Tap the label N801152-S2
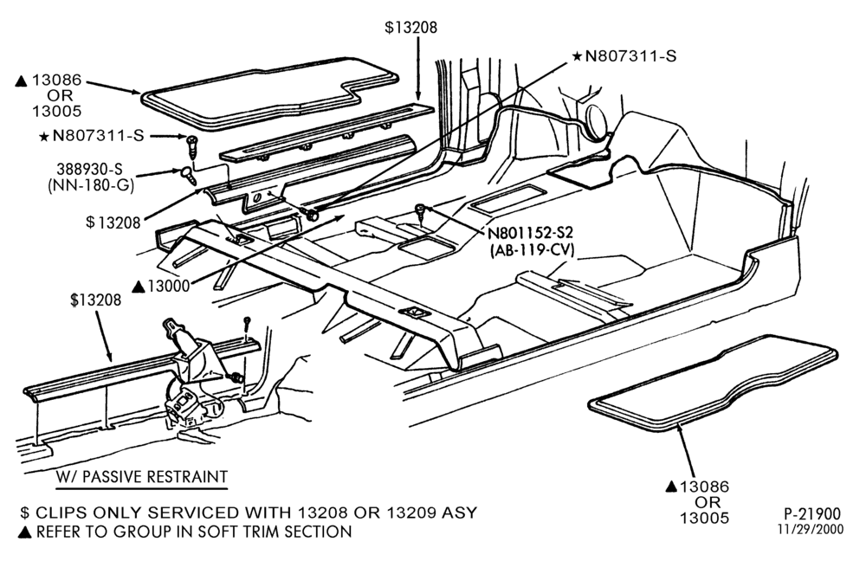531,233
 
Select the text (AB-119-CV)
532,250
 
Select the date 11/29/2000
811,530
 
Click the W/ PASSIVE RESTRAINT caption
141,477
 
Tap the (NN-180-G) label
91,185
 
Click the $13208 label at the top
410,27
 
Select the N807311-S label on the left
98,135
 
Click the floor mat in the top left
269,93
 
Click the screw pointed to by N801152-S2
422,213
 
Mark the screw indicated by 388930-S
188,176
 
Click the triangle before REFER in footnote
24,532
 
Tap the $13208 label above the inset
95,300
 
